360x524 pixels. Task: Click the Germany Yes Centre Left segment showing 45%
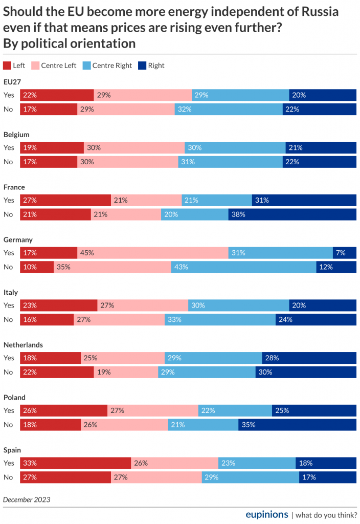click(152, 253)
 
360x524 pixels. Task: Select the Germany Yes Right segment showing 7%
click(344, 253)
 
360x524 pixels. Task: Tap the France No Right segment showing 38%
click(292, 214)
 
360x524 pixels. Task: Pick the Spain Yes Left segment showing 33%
click(75, 463)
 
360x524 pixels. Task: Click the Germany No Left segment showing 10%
click(37, 267)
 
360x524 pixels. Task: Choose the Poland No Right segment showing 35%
click(297, 424)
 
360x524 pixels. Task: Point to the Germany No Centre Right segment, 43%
click(243, 267)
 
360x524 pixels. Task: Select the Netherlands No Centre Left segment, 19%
click(126, 372)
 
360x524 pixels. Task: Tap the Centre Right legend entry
click(107, 65)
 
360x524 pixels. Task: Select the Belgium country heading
click(17, 135)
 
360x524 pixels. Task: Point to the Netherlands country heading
click(23, 345)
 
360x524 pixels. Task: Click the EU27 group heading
click(12, 82)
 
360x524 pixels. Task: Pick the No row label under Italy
click(8, 319)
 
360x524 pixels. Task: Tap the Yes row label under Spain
click(9, 463)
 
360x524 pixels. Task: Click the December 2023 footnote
click(27, 499)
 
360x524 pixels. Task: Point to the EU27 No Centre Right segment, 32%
click(228, 109)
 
